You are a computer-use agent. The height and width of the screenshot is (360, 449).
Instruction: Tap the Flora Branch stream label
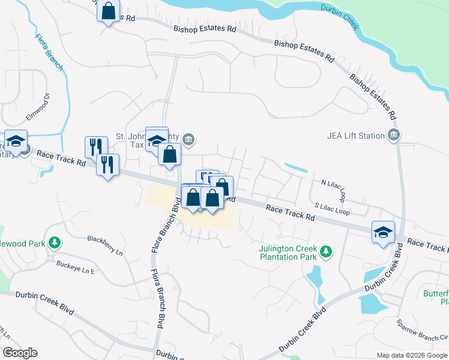click(49, 53)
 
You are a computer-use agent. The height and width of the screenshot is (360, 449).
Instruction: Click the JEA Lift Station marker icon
click(393, 136)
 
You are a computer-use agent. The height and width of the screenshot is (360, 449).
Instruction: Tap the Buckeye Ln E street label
click(76, 267)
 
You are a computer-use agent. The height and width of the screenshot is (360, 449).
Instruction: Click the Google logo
click(20, 353)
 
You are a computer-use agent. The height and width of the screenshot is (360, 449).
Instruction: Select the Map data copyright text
click(411, 355)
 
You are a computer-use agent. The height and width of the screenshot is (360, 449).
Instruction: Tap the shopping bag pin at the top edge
click(107, 11)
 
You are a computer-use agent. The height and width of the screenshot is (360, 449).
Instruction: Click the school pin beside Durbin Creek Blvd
click(383, 232)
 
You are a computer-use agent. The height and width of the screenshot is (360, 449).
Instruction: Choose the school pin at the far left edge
click(16, 141)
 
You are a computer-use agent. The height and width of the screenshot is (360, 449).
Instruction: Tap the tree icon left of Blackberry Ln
click(55, 242)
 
